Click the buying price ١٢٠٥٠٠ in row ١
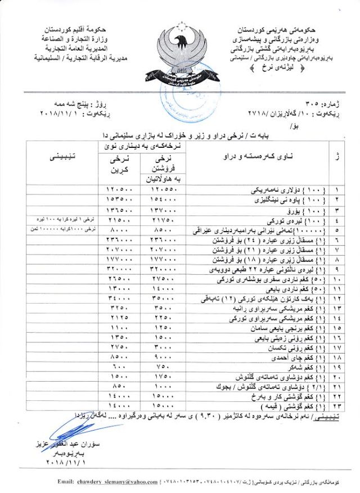[119, 190]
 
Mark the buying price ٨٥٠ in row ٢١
[120, 387]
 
